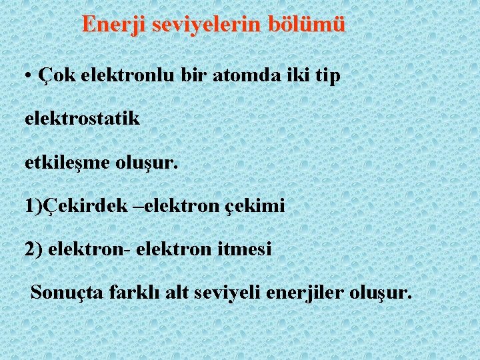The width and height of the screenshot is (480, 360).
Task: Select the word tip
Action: tap(327, 76)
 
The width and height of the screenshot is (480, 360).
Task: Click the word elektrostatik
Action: tap(82, 119)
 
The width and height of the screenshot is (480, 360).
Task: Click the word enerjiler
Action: tap(303, 292)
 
